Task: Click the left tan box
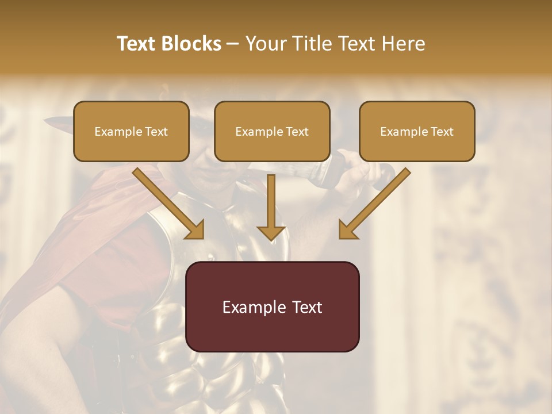[131, 131]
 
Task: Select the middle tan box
[272, 131]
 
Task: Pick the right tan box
[417, 131]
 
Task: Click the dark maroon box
[273, 306]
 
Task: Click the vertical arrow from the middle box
[271, 204]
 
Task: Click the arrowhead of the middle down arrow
[271, 232]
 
